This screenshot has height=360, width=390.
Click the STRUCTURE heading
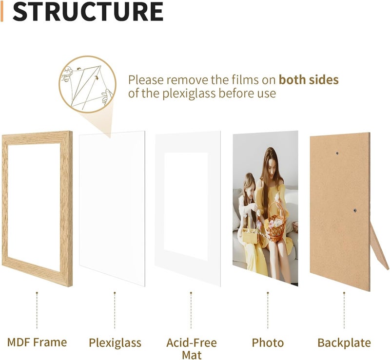[x=88, y=11]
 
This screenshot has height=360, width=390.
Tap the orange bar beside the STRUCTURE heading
[x=2, y=11]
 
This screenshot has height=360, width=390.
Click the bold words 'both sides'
[x=309, y=80]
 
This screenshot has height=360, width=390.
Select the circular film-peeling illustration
[x=88, y=84]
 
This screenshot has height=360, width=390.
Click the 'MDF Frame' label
[x=37, y=342]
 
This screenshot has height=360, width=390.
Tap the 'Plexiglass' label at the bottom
[x=115, y=343]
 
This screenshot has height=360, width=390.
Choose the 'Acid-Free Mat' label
[x=192, y=349]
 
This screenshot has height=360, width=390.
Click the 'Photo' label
[x=268, y=342]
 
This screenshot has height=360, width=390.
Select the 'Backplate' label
[x=344, y=342]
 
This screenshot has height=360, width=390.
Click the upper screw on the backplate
[x=337, y=153]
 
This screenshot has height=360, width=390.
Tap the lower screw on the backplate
[x=355, y=210]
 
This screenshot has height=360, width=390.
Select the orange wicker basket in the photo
[x=276, y=223]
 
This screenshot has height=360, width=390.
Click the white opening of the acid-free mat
[x=186, y=207]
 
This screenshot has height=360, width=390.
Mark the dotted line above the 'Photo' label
[x=268, y=310]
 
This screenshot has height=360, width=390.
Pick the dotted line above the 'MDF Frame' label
[x=37, y=310]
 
